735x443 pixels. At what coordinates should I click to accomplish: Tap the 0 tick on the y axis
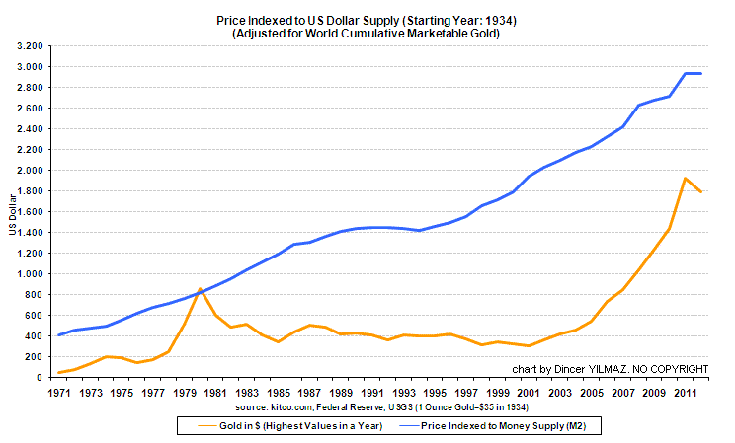coord(38,377)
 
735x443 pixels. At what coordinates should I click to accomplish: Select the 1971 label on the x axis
coord(59,393)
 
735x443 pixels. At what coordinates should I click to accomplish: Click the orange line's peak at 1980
coord(201,289)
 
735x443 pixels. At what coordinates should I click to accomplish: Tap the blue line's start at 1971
coord(59,335)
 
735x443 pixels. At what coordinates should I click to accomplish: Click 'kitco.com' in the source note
coord(286,406)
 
